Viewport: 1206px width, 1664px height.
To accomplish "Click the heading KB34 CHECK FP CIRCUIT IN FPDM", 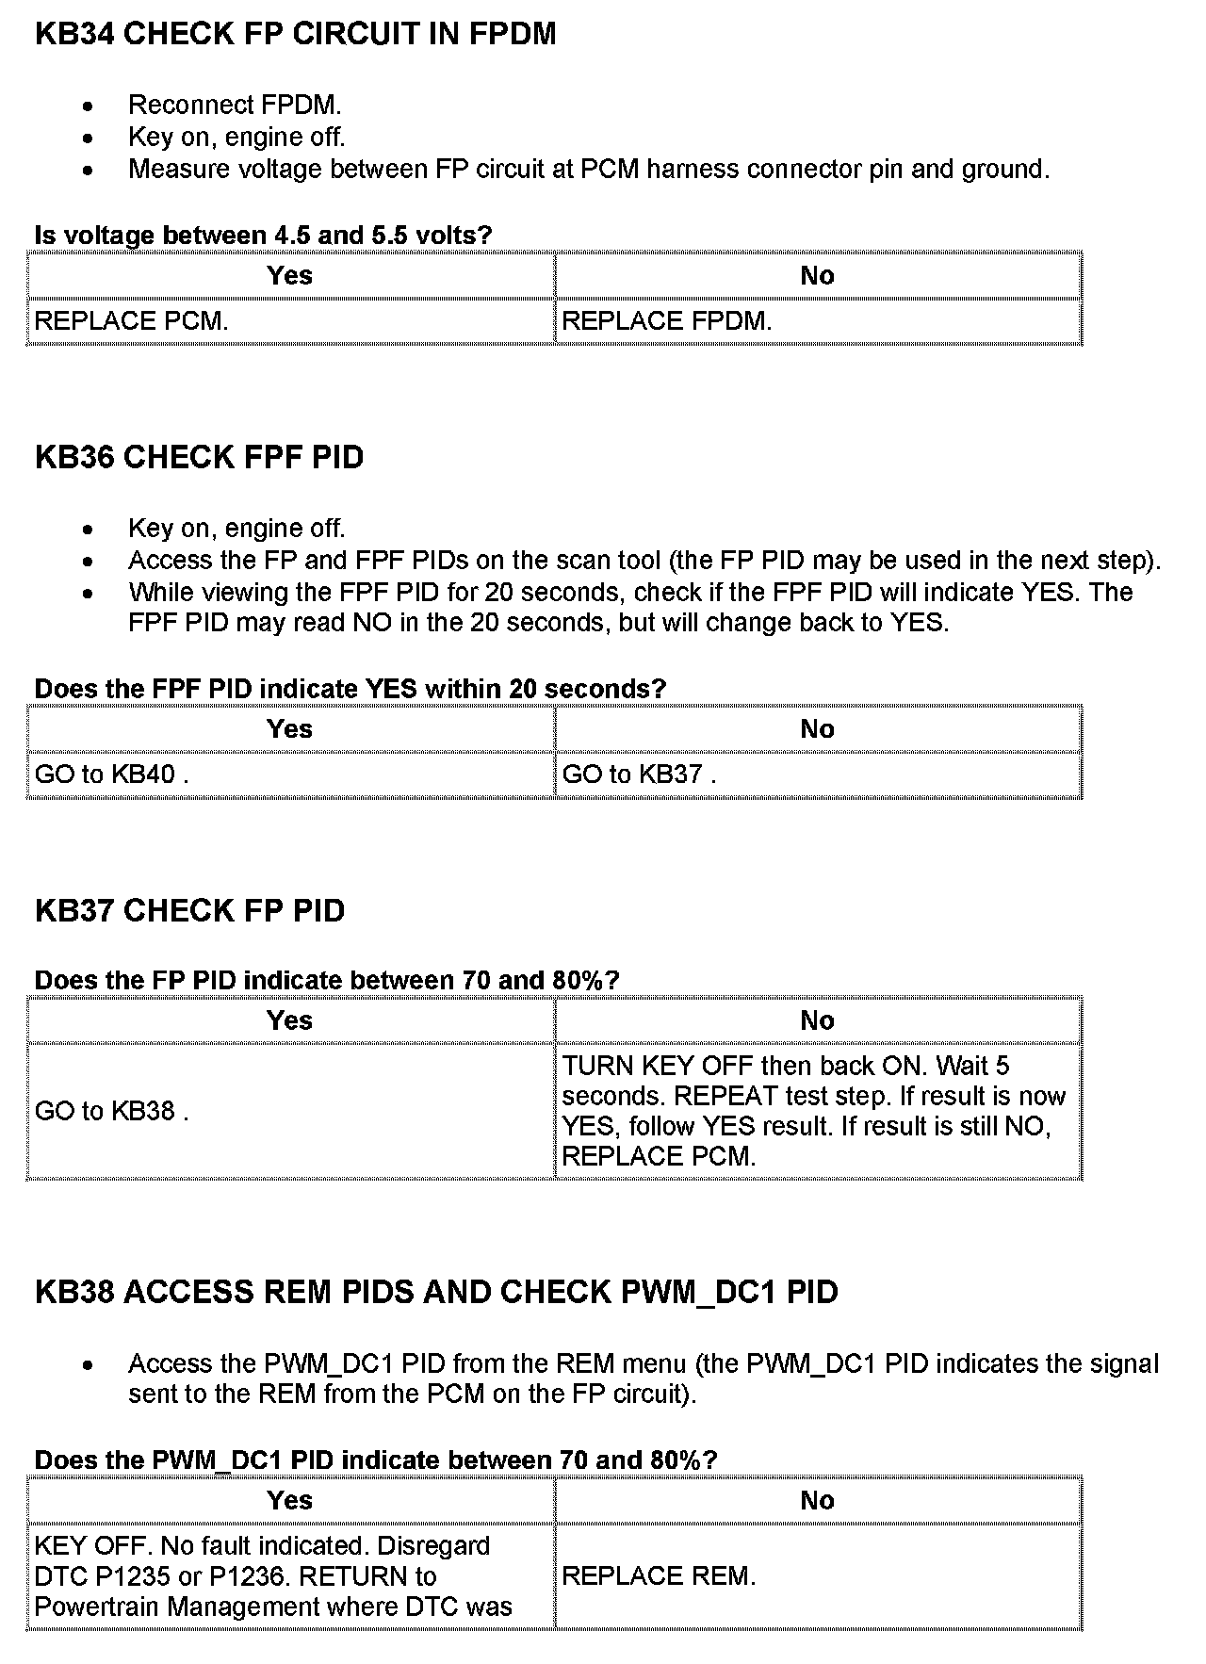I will pos(295,34).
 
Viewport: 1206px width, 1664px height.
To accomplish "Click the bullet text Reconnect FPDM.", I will pos(235,105).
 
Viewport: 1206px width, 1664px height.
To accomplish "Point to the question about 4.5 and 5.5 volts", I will pos(264,236).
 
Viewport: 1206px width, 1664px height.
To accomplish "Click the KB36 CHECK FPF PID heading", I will pos(199,458).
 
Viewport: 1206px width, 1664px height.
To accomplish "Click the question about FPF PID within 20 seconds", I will pos(350,689).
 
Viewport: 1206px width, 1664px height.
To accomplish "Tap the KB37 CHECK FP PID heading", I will pos(189,911).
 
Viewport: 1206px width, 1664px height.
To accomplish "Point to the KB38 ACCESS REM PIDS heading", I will pos(436,1292).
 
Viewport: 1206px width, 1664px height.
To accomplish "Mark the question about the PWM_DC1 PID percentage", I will pos(376,1460).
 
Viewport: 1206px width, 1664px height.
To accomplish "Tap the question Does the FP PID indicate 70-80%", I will pos(327,981).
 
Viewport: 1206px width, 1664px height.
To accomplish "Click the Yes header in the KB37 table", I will pos(289,1021).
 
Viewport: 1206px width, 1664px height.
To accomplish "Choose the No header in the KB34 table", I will pos(817,276).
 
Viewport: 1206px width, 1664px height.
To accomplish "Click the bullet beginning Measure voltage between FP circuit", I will pos(589,170).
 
